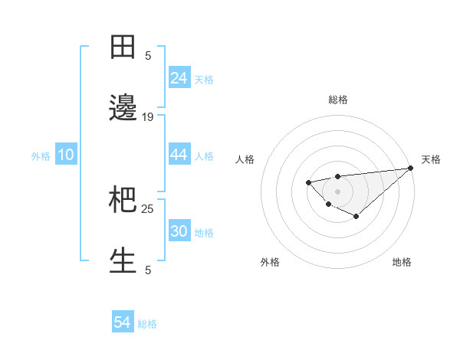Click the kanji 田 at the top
[123, 47]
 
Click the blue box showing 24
[179, 78]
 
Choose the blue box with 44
[179, 155]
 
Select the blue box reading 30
[179, 231]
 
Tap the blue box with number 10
[66, 155]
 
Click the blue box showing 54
[123, 322]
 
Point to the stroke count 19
[148, 117]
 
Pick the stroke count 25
[148, 208]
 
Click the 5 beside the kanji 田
[148, 55]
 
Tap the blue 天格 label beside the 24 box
[204, 79]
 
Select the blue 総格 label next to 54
[147, 324]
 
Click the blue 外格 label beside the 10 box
[41, 155]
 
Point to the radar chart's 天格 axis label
[431, 159]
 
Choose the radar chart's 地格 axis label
[402, 262]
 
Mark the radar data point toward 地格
[356, 217]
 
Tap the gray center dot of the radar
[337, 191]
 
